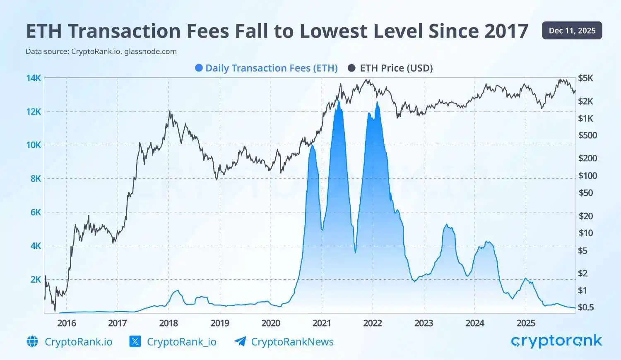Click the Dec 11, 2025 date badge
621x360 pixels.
click(x=572, y=31)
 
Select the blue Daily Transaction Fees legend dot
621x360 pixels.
click(x=199, y=68)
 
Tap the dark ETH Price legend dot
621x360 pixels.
click(x=351, y=68)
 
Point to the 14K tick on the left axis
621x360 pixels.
click(x=34, y=78)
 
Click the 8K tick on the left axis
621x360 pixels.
click(x=36, y=178)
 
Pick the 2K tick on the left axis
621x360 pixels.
click(x=36, y=279)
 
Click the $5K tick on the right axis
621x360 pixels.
click(x=585, y=78)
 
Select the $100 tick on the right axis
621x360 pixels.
click(x=587, y=175)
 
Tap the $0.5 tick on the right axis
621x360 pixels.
click(x=586, y=307)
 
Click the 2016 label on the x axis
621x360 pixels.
click(x=66, y=323)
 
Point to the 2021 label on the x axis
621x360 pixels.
click(x=322, y=323)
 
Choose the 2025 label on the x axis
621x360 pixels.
click(x=526, y=323)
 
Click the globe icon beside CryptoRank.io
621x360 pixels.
click(x=32, y=341)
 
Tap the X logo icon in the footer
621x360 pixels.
click(x=135, y=341)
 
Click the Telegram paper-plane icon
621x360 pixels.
click(x=240, y=341)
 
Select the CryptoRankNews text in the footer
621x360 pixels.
click(x=292, y=342)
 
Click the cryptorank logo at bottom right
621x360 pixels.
click(x=556, y=341)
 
